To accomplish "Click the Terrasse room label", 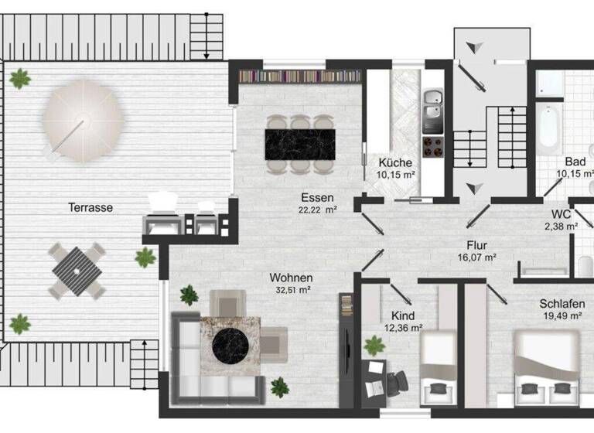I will pos(90,207).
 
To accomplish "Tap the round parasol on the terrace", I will pos(81,123).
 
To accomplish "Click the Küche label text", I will pos(394,163).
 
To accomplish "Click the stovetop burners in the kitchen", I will pos(432,147).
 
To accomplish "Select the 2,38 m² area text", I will pos(561,227).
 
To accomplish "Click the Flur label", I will pos(476,244).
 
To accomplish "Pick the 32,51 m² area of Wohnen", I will pos(290,290).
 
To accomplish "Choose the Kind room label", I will pos(402,315).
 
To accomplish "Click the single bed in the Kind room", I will pos(438,363).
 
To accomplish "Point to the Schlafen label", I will pos(562,304).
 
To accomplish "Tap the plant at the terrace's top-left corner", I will pos(20,77).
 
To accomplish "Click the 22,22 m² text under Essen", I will pos(318,210).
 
